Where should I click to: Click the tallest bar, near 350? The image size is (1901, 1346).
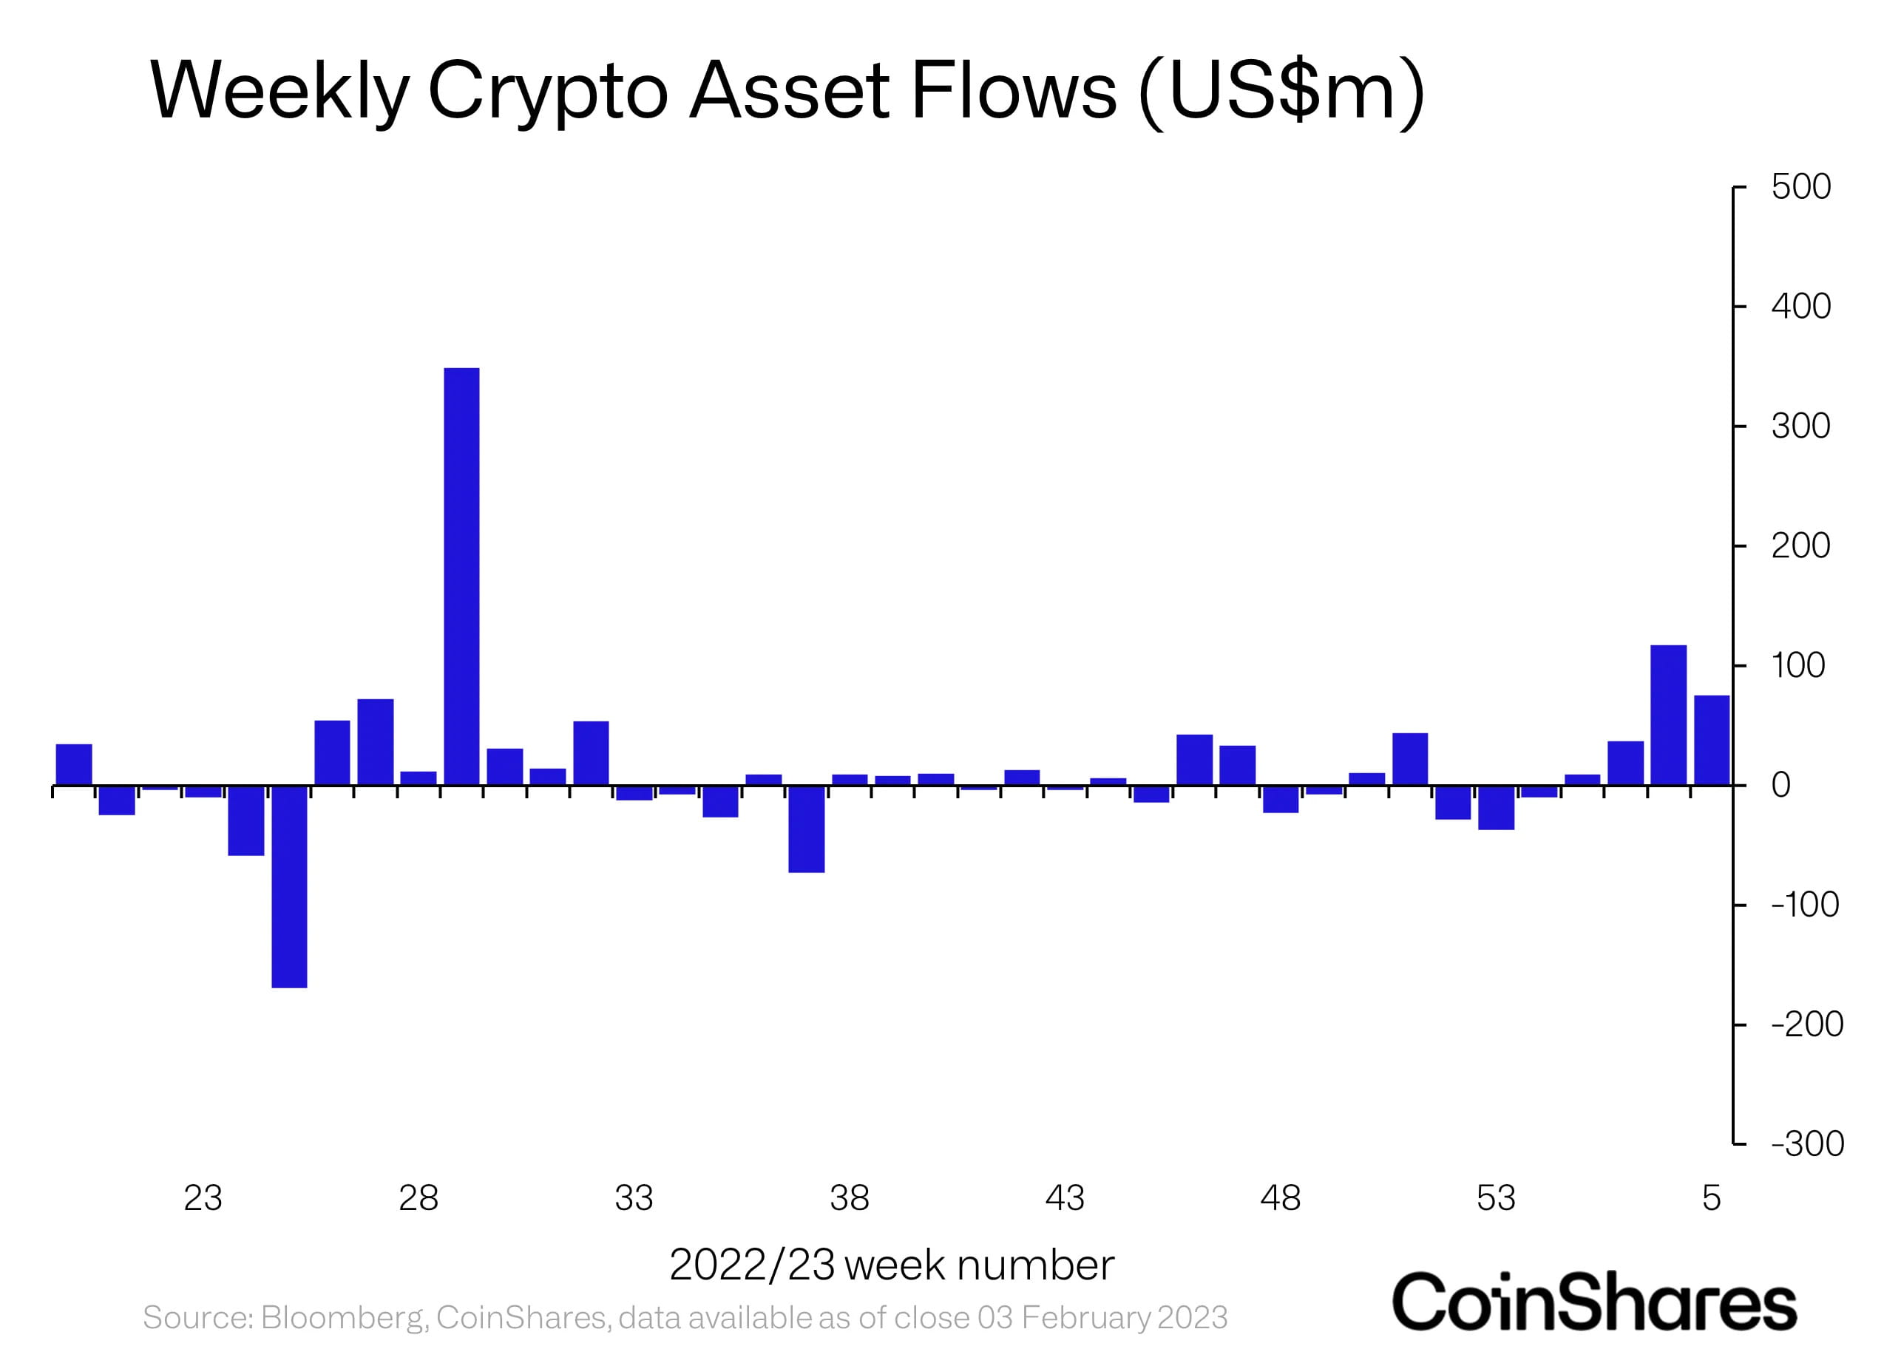coord(462,576)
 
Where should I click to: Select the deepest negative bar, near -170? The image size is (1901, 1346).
coord(289,886)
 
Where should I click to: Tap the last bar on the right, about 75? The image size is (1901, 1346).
coord(1711,740)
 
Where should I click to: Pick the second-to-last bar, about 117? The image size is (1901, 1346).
coord(1668,715)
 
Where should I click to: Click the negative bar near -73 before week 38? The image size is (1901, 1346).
coord(806,829)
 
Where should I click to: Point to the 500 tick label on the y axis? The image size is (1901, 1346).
coord(1800,187)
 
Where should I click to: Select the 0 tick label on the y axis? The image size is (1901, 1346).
coord(1780,785)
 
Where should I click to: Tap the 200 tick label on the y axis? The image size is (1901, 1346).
coord(1800,546)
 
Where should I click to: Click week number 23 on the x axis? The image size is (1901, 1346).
coord(203,1198)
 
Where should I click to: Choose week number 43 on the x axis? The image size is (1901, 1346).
coord(1065,1198)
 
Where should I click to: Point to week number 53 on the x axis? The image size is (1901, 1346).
coord(1496,1198)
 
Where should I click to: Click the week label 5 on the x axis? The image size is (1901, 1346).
coord(1711,1198)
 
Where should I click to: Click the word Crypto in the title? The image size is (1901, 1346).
coord(547,91)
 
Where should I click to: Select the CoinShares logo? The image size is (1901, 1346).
coord(1593,1302)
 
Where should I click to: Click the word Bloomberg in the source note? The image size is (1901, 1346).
coord(344,1317)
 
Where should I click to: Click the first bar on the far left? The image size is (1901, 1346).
coord(74,764)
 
